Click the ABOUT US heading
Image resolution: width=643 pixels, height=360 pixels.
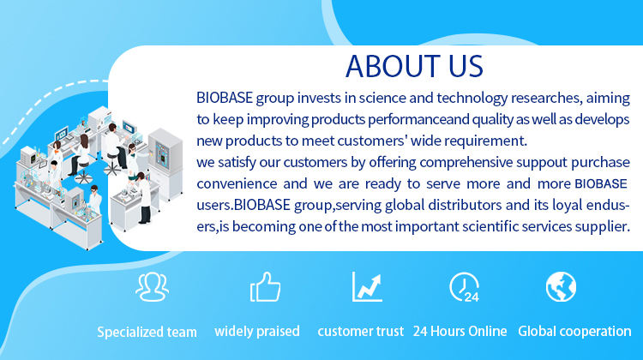click(414, 66)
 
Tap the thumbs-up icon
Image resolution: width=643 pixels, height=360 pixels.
click(265, 287)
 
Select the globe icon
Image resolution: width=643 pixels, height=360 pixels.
click(561, 286)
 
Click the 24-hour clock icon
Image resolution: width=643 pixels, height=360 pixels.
click(464, 287)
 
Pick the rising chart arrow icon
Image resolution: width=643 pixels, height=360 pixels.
click(368, 286)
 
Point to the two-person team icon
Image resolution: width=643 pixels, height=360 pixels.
click(152, 287)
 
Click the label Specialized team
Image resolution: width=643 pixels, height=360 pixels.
click(147, 332)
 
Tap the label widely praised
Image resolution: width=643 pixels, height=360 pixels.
click(257, 332)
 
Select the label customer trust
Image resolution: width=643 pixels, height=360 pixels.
click(360, 332)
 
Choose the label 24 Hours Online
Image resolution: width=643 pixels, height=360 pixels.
click(460, 332)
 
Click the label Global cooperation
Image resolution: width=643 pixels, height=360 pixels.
click(574, 332)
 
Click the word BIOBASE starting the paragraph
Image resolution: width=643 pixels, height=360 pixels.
click(225, 98)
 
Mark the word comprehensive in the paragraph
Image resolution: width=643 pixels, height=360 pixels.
click(466, 162)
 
